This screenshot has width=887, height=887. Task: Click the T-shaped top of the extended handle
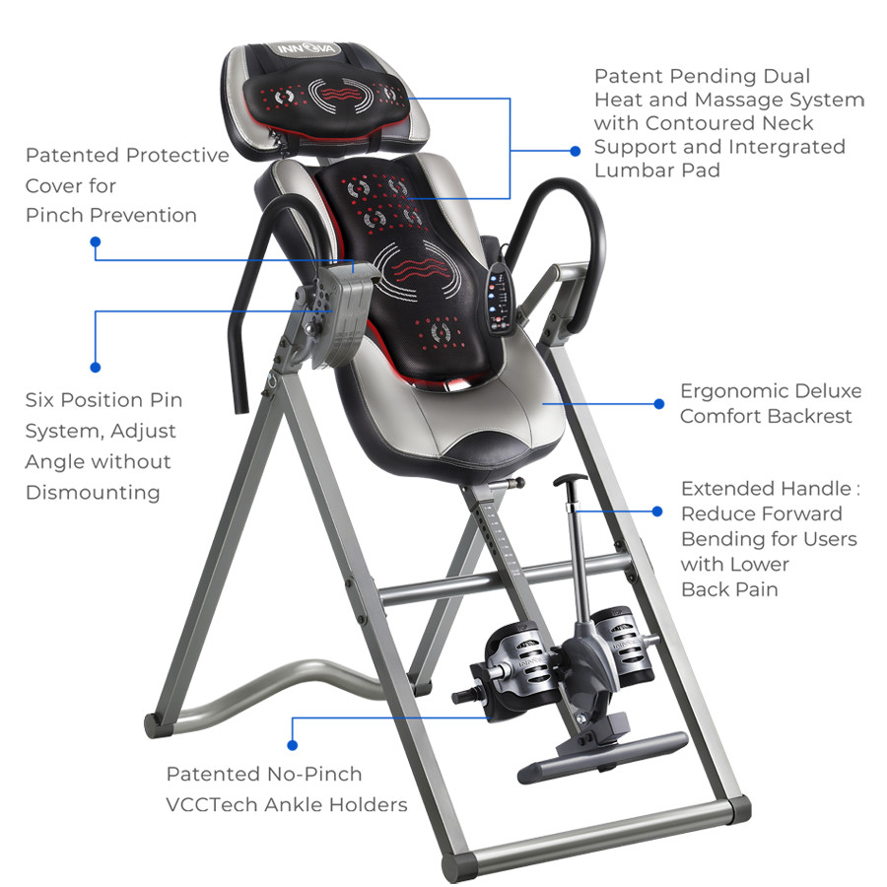tap(570, 481)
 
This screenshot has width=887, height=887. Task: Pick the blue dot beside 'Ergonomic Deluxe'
tap(659, 403)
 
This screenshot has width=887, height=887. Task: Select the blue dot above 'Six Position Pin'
tap(95, 367)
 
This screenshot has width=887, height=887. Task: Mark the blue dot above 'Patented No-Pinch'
tap(292, 747)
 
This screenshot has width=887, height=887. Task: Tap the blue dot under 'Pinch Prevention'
tap(95, 240)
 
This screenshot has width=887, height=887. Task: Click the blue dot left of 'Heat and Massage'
tap(576, 151)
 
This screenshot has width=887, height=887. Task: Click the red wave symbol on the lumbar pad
tap(424, 268)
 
